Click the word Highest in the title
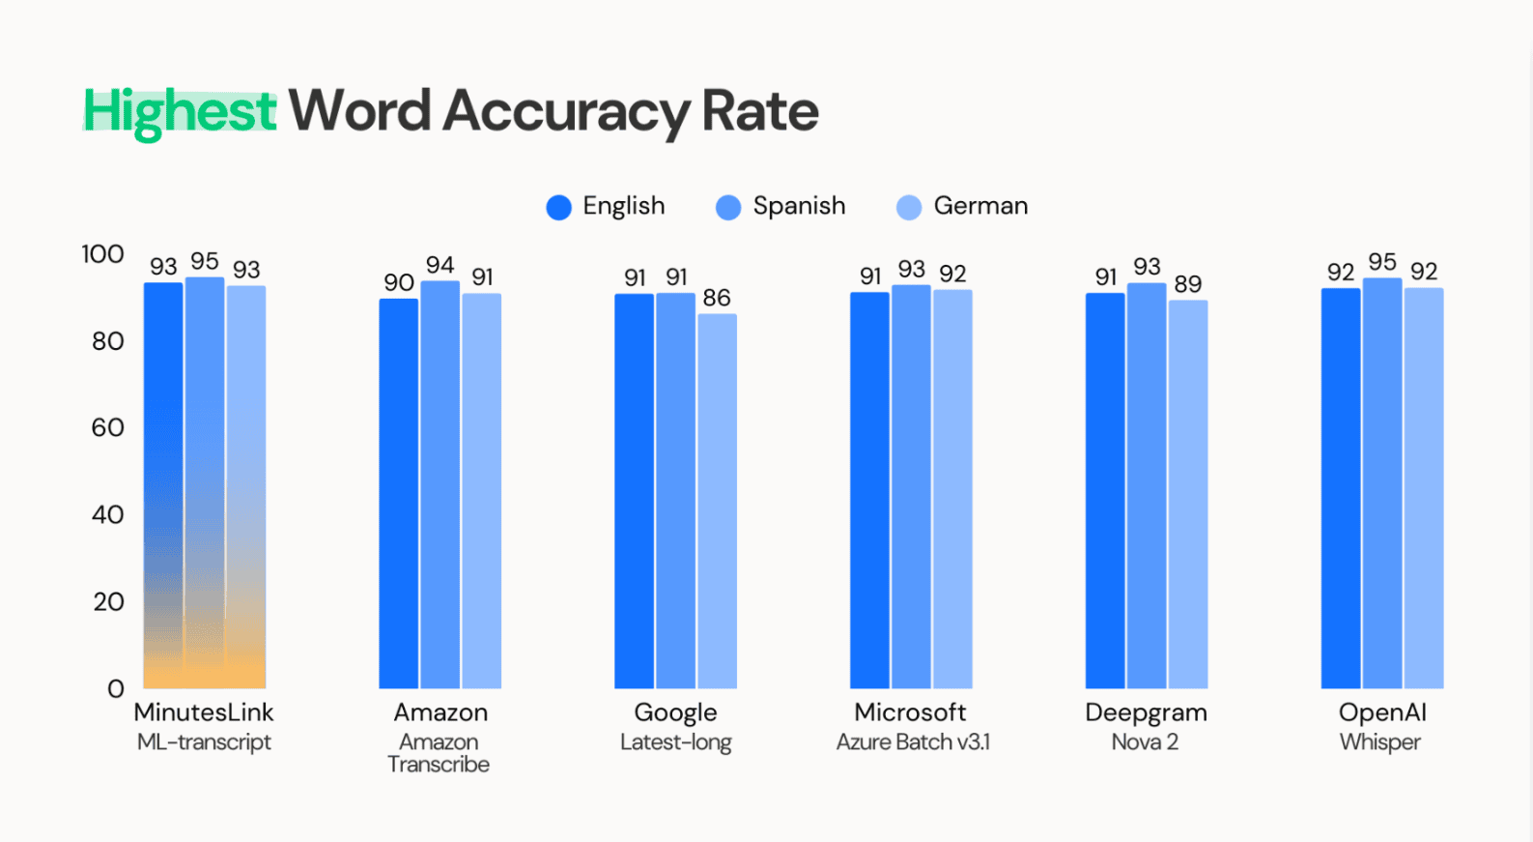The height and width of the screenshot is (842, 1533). (180, 112)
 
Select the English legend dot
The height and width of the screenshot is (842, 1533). (559, 207)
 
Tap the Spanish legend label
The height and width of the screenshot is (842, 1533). (800, 206)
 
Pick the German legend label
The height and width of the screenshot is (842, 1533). (980, 206)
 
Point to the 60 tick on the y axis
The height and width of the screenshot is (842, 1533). (107, 428)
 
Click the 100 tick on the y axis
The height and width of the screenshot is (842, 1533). (102, 254)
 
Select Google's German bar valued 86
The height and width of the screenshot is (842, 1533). (717, 501)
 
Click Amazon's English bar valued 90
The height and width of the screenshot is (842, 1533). (398, 493)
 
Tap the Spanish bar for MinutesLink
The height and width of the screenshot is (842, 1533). (205, 483)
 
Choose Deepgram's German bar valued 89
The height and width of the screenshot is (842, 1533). (1188, 494)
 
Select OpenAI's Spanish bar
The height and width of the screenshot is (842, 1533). (1382, 483)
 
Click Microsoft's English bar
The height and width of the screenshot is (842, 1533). (869, 490)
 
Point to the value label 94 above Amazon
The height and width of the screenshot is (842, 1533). (440, 265)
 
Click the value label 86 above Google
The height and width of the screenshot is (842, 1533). (717, 298)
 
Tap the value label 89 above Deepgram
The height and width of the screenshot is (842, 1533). (1188, 284)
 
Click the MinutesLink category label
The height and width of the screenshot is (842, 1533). (204, 712)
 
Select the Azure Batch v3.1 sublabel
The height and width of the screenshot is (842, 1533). (913, 742)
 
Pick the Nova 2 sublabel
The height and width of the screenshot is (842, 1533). (1145, 742)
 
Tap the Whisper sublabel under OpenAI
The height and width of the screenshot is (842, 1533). (1380, 742)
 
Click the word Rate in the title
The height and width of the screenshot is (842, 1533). (760, 111)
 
